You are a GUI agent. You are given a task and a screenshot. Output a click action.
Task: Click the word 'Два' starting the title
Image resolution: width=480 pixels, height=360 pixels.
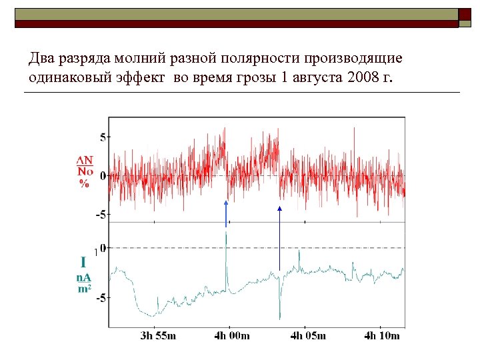[41, 59]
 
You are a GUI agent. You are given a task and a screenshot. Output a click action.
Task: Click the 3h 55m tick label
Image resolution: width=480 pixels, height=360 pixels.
[158, 335]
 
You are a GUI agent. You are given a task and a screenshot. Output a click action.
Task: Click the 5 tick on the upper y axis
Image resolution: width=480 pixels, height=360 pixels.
[103, 137]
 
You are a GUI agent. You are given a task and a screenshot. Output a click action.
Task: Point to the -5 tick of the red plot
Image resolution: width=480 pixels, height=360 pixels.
[100, 215]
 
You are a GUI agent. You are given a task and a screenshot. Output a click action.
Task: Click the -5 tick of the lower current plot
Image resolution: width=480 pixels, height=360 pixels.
[100, 298]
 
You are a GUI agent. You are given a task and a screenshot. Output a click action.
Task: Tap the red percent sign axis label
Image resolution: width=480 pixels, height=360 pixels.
[84, 184]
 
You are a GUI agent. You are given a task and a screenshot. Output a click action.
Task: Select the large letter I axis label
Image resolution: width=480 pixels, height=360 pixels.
[84, 262]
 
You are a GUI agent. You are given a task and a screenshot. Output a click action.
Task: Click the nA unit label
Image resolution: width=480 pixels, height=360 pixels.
[83, 277]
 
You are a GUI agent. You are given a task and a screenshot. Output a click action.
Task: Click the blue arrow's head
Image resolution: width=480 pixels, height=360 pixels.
[226, 203]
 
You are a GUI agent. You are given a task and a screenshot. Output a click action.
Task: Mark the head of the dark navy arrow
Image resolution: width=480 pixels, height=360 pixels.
[279, 209]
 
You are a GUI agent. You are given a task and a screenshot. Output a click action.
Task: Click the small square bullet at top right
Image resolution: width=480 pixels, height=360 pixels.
[465, 14]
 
